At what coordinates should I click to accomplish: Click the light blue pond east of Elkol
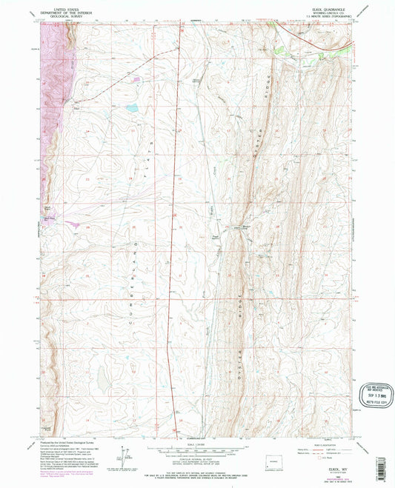tap(131, 108)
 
